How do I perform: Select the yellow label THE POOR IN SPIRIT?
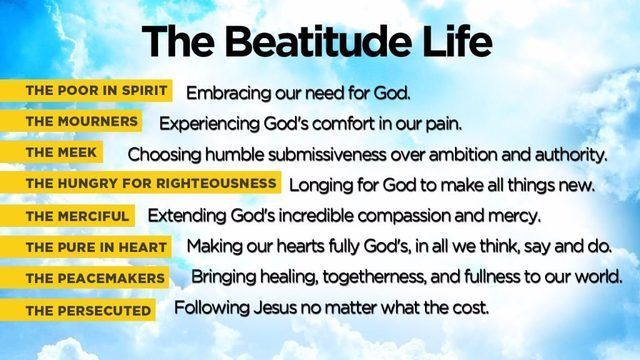[x=98, y=91]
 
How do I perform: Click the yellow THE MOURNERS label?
[x=82, y=122]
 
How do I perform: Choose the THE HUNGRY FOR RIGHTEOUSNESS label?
[x=151, y=184]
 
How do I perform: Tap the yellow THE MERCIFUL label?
[x=77, y=216]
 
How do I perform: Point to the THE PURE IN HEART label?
[x=97, y=247]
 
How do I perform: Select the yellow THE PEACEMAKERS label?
[x=97, y=278]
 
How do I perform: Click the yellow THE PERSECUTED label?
[x=89, y=310]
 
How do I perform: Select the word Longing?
[x=318, y=185]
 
